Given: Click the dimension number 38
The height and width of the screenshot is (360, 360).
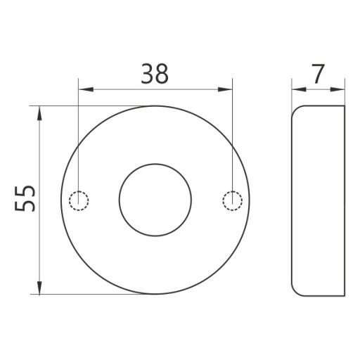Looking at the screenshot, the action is tap(155, 74).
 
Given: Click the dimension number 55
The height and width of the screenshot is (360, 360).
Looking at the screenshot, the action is tap(25, 199).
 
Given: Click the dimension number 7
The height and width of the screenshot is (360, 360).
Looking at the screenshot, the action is tap(318, 74).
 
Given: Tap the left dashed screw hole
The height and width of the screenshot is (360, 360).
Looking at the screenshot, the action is tap(79, 200).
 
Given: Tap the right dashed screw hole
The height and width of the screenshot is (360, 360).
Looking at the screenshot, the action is tap(233, 200).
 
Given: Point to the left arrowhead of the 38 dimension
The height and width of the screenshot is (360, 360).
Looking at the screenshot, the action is tap(86, 89).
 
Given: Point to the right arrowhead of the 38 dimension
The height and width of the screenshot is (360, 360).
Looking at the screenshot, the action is tap(225, 89).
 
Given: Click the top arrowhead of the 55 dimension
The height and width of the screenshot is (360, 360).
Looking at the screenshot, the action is tap(39, 113).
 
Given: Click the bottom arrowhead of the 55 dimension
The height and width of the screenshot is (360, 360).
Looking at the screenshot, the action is tap(39, 287).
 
